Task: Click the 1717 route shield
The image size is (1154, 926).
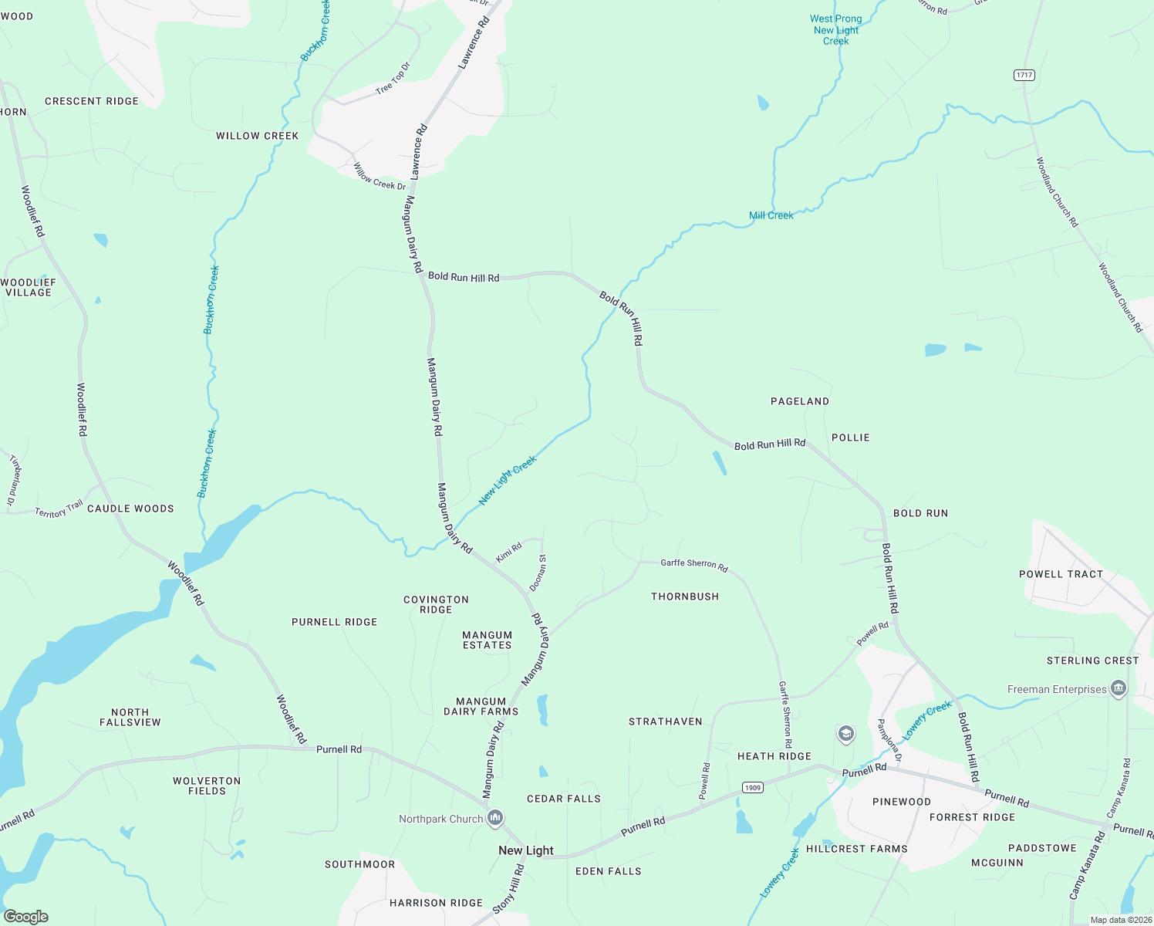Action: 1024,75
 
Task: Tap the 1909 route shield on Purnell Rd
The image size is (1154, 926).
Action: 753,788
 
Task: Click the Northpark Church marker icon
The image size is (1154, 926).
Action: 496,818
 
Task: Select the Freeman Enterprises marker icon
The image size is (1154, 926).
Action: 1119,688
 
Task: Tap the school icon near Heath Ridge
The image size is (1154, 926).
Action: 846,733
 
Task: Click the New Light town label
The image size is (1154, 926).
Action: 526,850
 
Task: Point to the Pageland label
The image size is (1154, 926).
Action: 800,401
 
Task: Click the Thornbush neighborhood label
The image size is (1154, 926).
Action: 685,596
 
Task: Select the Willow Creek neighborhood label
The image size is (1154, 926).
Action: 257,136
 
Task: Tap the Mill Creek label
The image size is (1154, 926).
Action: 771,215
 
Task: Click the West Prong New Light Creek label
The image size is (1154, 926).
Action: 835,30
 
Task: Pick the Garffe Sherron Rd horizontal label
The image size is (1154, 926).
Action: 693,564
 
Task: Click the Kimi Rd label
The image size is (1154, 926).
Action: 509,553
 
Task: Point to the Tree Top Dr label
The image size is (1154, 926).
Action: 393,79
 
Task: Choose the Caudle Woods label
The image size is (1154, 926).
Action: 130,509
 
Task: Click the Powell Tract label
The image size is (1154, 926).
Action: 1061,574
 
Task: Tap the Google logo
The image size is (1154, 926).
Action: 26,916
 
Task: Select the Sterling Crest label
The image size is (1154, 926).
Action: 1092,661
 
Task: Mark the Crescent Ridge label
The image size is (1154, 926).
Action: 92,101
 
